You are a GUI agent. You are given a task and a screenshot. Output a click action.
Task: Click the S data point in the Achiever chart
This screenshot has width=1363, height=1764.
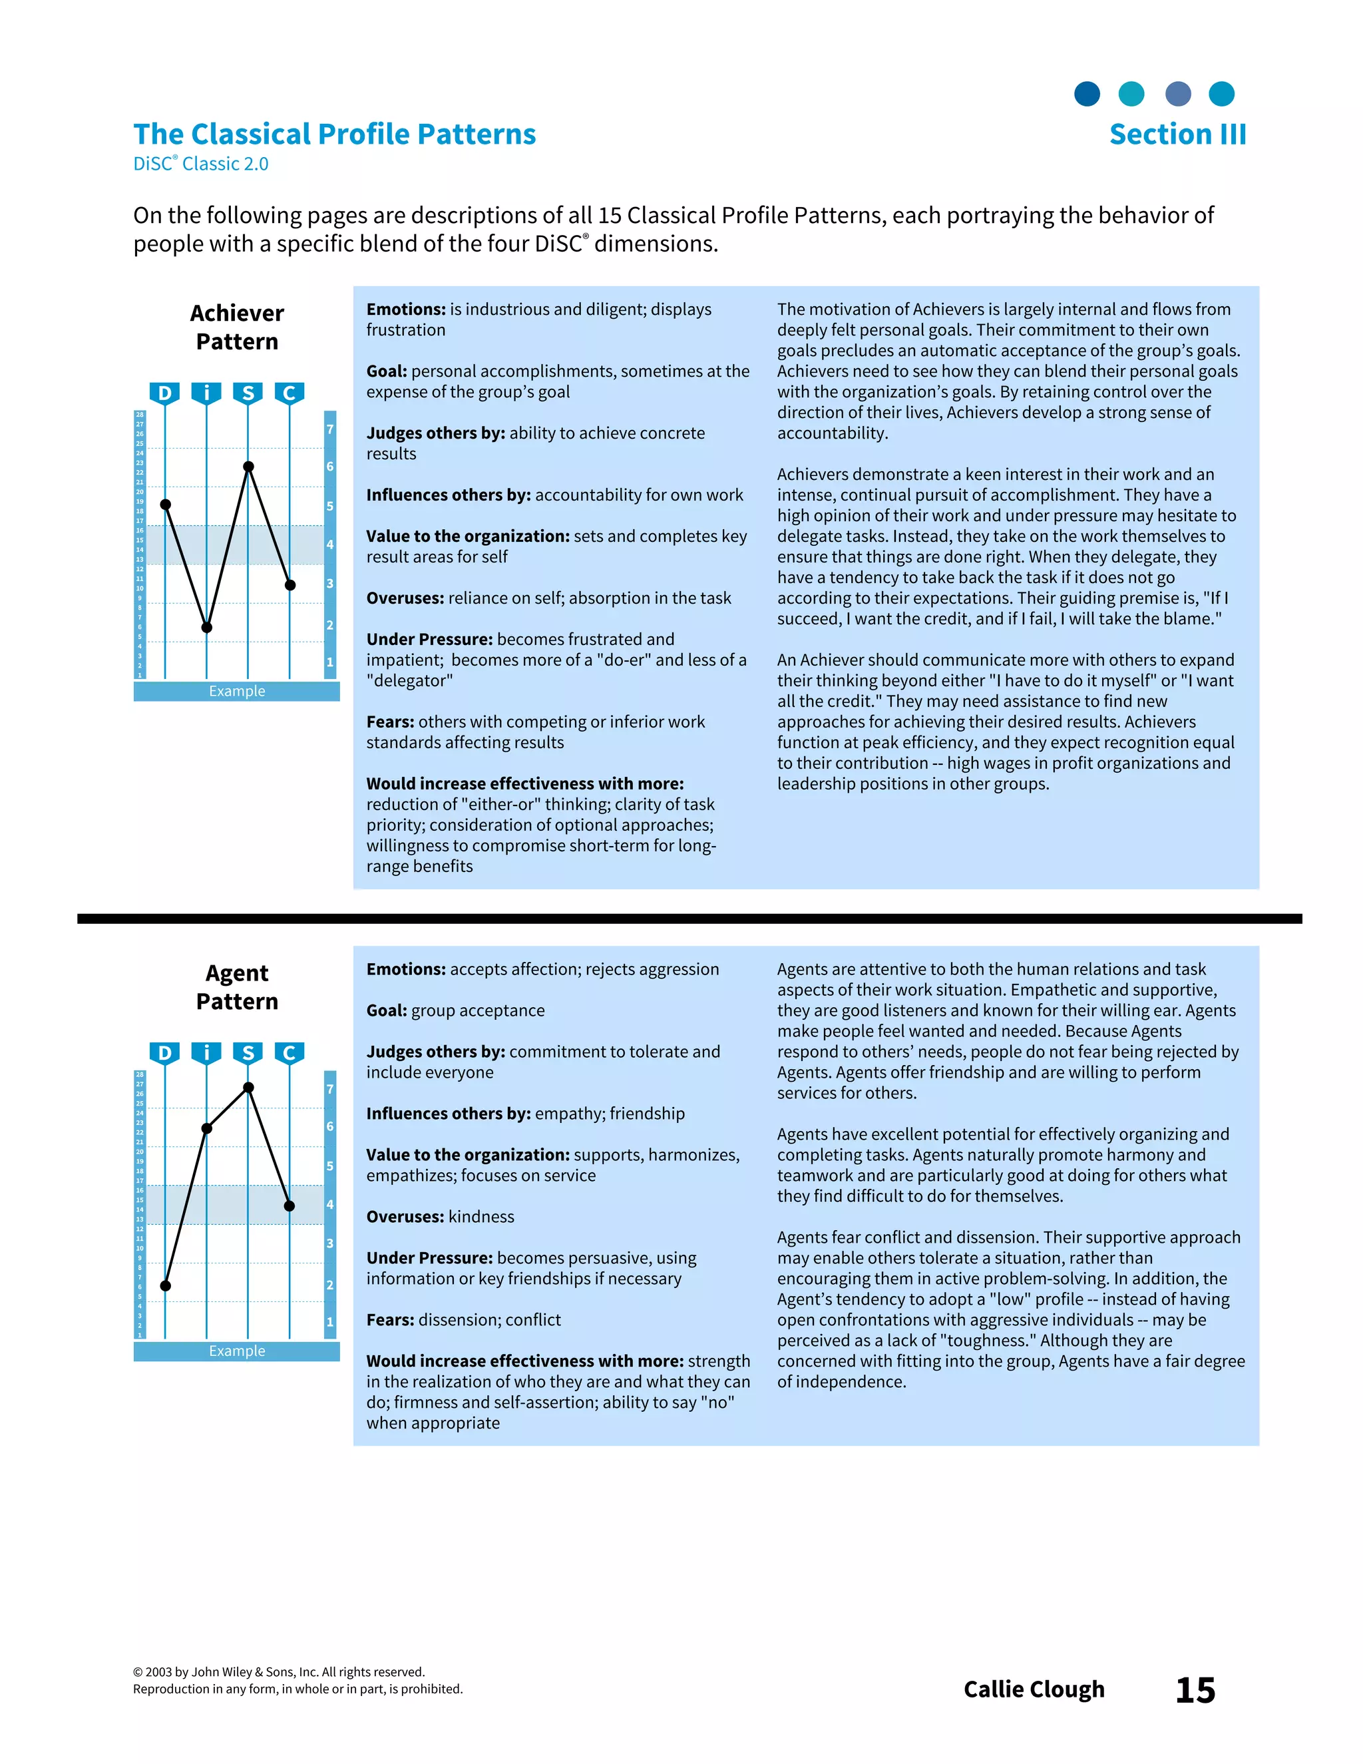249,467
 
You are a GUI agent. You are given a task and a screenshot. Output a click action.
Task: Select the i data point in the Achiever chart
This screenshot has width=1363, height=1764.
207,628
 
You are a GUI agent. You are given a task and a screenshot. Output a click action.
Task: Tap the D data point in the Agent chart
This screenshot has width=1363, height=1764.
166,1286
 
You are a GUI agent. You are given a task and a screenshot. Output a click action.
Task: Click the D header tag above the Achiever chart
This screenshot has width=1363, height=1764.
165,393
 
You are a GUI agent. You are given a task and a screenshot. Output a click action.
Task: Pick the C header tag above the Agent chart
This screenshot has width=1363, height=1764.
289,1053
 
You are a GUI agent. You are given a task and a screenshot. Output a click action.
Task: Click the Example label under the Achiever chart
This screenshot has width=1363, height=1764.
236,692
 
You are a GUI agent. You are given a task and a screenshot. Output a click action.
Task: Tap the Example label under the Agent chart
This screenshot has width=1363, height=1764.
236,1351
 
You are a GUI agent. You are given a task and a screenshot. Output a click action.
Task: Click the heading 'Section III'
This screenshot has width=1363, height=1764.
1177,134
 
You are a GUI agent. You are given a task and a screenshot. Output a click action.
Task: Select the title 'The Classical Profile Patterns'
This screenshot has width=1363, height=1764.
334,134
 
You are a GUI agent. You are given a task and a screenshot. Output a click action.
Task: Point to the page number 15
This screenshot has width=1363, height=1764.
1195,1689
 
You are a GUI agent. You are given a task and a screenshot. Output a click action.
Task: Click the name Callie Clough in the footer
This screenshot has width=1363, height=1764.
1034,1689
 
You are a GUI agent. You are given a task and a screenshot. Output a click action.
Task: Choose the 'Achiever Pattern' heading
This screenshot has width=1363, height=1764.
236,327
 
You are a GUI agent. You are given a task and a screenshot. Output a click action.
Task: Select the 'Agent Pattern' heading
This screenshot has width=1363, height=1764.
236,987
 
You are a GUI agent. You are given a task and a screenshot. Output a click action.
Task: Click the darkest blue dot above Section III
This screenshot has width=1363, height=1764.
1087,94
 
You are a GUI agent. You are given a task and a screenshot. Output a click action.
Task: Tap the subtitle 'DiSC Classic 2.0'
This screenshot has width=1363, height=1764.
200,164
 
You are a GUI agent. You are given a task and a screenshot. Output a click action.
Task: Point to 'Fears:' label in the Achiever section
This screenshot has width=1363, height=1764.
390,722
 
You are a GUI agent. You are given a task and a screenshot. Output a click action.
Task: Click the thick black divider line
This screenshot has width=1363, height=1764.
689,919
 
